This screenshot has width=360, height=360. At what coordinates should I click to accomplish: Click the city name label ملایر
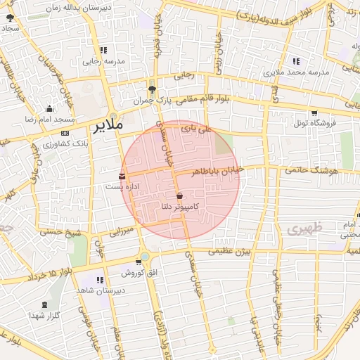point(107,125)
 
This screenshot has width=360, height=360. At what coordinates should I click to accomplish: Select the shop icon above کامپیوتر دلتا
point(179,195)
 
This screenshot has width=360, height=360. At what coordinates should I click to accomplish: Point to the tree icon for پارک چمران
point(152,89)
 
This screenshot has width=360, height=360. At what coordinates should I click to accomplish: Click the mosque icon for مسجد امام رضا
point(49,108)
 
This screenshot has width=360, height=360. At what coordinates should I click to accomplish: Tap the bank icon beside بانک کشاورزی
point(65,133)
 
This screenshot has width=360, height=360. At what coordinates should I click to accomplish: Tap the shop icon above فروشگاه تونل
point(313,112)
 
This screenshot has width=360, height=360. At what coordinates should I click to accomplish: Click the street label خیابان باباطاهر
point(218,170)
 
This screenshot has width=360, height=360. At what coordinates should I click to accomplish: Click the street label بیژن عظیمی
point(233,250)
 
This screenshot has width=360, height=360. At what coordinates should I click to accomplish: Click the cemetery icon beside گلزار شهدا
point(46,304)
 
